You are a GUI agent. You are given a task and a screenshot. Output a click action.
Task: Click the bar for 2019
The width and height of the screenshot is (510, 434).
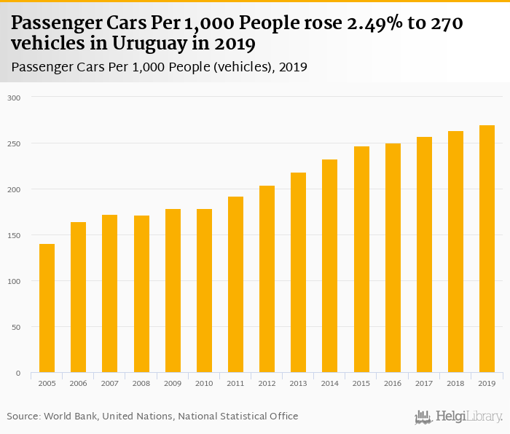(x=487, y=249)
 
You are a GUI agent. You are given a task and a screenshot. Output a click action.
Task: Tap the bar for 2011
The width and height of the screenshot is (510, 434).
(x=235, y=285)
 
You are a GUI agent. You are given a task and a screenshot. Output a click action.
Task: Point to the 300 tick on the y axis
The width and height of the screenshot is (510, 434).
(x=15, y=98)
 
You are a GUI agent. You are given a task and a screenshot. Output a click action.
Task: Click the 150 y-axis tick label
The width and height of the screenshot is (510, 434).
(x=15, y=235)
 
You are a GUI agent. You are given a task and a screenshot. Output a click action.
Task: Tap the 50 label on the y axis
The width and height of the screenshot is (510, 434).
(x=17, y=327)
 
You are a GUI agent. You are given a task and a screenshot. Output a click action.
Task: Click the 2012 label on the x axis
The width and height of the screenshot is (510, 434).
(x=267, y=383)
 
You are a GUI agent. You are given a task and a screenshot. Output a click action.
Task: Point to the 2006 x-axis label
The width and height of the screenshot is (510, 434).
(x=78, y=383)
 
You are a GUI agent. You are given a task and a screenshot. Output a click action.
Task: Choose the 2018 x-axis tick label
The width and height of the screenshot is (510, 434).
(x=455, y=383)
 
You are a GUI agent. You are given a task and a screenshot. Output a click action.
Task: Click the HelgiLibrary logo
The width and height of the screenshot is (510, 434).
(x=459, y=417)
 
